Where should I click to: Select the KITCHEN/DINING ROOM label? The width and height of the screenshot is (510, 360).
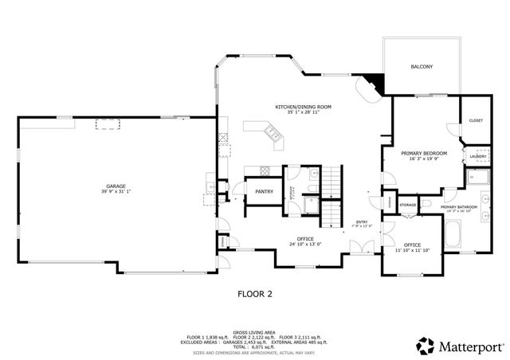tap(303, 107)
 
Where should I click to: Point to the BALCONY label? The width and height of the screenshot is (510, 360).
tap(422, 67)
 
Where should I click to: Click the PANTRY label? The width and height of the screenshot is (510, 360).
tap(264, 192)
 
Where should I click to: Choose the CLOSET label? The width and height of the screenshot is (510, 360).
tap(476, 120)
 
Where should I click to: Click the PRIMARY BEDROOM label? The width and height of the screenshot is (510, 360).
tap(424, 153)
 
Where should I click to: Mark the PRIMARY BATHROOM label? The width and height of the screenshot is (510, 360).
tap(459, 206)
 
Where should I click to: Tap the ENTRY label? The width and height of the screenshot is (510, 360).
tap(362, 221)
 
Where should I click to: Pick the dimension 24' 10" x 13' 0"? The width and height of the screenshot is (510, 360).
tap(304, 244)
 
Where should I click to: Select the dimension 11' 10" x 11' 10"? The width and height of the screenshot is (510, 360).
tap(412, 250)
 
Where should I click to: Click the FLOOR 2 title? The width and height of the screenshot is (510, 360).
tap(255, 293)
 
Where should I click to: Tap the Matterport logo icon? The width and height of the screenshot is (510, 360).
tap(425, 345)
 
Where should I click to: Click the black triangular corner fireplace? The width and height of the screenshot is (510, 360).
tap(375, 84)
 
